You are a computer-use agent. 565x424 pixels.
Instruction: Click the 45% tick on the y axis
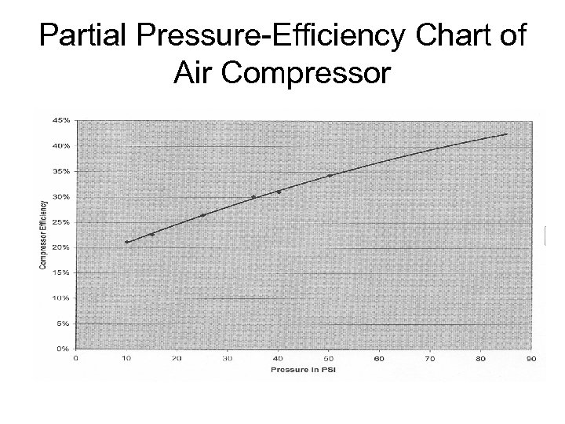click(61, 120)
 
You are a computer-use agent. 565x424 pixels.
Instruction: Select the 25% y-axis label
click(61, 221)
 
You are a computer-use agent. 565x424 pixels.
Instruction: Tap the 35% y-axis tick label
click(61, 170)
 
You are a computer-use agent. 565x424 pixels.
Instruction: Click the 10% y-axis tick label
click(61, 298)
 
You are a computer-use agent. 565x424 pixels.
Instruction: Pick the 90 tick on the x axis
click(531, 359)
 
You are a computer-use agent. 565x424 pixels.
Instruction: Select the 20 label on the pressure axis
click(177, 359)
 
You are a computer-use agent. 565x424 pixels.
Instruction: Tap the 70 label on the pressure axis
click(430, 359)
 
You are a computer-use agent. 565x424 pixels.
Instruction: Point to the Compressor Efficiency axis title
click(42, 233)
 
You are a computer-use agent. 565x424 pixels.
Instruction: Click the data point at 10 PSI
click(126, 242)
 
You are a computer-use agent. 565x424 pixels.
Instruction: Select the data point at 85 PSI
click(506, 134)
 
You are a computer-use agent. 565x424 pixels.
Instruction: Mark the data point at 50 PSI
click(330, 175)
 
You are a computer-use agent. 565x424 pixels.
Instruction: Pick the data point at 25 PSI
click(202, 215)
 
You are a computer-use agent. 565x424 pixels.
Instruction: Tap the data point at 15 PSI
click(152, 234)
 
